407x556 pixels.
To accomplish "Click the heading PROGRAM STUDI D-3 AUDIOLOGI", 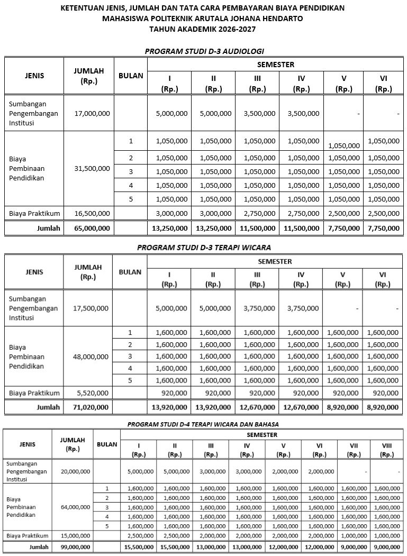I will (204, 51).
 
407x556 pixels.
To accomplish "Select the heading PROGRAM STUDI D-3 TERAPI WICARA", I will (204, 247).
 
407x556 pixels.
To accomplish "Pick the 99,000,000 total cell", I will (75, 546).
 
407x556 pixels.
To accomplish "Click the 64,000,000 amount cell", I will (75, 506).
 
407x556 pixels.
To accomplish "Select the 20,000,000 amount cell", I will (75, 471).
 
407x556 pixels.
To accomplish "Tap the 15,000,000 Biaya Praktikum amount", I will (75, 535).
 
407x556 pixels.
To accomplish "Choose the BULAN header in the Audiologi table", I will (131, 76).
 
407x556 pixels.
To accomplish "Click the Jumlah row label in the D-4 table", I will (39, 546).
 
